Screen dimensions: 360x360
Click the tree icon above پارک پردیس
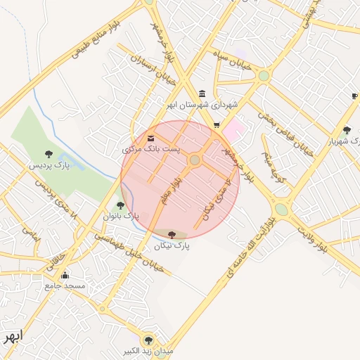[49, 153]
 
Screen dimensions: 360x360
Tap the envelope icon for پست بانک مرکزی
[151, 138]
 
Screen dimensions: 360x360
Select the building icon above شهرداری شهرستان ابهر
[202, 94]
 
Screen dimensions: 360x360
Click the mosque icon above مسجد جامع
[65, 275]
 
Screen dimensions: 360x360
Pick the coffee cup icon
[355, 96]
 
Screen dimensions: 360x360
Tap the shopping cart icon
[217, 124]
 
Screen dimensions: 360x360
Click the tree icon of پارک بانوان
[120, 206]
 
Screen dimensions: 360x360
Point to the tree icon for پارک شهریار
[347, 130]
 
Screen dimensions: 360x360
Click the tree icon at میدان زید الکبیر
[148, 339]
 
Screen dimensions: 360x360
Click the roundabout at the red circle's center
[195, 160]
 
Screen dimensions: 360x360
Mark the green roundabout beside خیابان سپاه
[264, 75]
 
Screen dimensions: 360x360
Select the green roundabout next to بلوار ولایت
[281, 209]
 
